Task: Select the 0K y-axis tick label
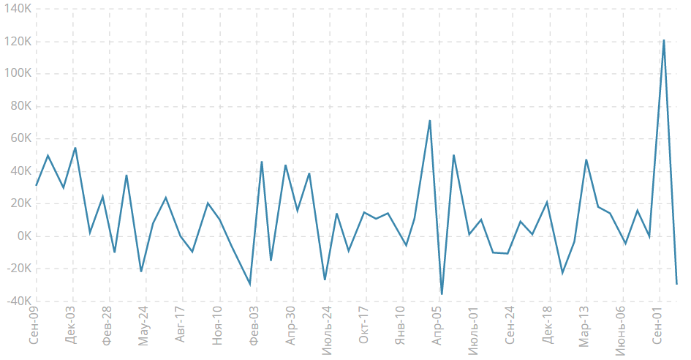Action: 23,236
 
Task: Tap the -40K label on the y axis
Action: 18,301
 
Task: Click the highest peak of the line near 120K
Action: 663,40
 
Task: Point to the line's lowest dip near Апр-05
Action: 442,293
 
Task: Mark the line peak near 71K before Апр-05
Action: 430,121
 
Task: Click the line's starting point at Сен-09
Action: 37,185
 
